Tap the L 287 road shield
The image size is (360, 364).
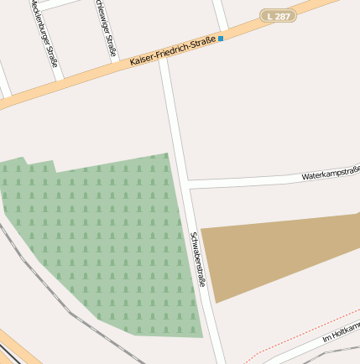pyautogui.click(x=279, y=16)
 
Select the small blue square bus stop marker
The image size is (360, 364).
pyautogui.click(x=221, y=39)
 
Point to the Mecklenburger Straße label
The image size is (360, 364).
pyautogui.click(x=44, y=32)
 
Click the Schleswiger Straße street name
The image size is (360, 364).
pyautogui.click(x=106, y=29)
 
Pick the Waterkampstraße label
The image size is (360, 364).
pyautogui.click(x=330, y=174)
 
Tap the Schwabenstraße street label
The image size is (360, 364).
pyautogui.click(x=198, y=259)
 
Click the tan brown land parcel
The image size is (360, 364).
pyautogui.click(x=269, y=252)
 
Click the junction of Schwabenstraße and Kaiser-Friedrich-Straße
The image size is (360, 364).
pyautogui.click(x=165, y=62)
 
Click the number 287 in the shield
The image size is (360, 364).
pyautogui.click(x=283, y=16)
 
